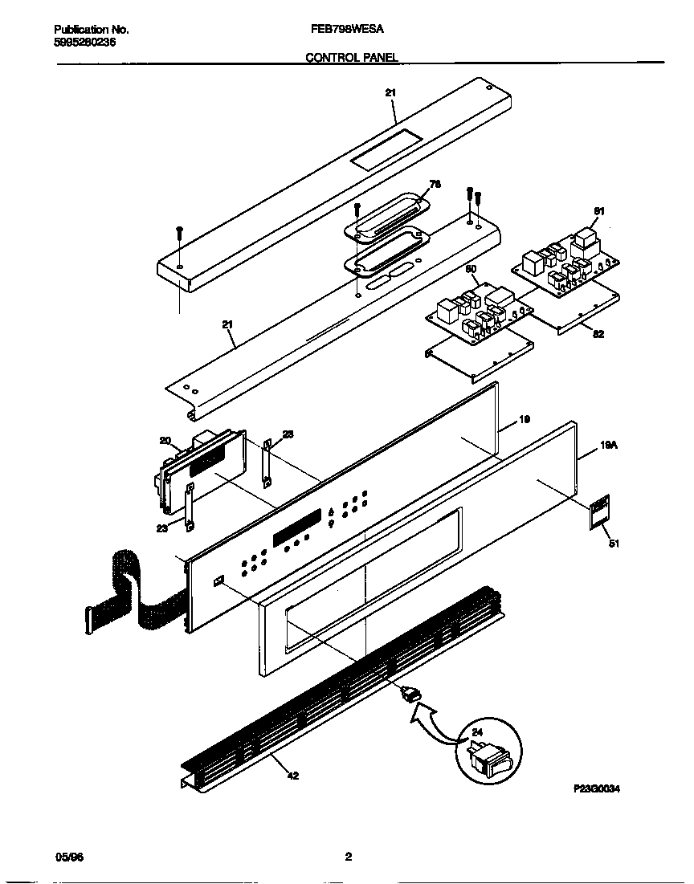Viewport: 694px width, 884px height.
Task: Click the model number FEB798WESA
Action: point(346,28)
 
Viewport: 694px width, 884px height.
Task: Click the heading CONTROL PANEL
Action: point(352,58)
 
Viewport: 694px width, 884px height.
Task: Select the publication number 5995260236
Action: point(78,42)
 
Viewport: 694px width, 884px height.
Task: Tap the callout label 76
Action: point(435,184)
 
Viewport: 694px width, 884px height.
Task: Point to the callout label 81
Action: point(598,211)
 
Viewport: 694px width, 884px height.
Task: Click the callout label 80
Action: point(472,269)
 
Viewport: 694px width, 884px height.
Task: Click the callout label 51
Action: point(614,544)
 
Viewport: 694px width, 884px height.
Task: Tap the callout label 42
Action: point(293,776)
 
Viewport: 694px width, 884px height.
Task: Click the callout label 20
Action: point(165,440)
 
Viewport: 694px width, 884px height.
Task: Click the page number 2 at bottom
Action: point(348,857)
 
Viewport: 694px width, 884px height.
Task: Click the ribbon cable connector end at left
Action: point(88,617)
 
